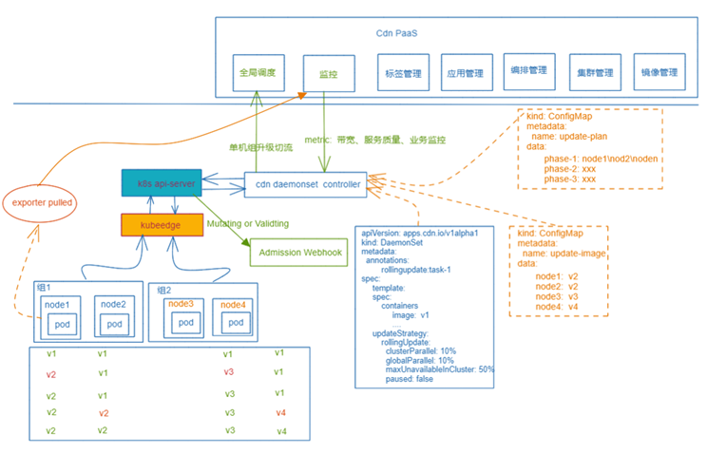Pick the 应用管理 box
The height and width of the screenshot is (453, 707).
tap(467, 73)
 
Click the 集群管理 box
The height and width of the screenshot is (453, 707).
tap(594, 72)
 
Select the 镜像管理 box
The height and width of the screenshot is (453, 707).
tap(658, 72)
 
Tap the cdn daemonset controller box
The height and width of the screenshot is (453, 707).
tap(305, 184)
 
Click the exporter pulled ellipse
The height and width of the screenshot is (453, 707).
tap(41, 202)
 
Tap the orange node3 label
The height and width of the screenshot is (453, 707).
tap(181, 304)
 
